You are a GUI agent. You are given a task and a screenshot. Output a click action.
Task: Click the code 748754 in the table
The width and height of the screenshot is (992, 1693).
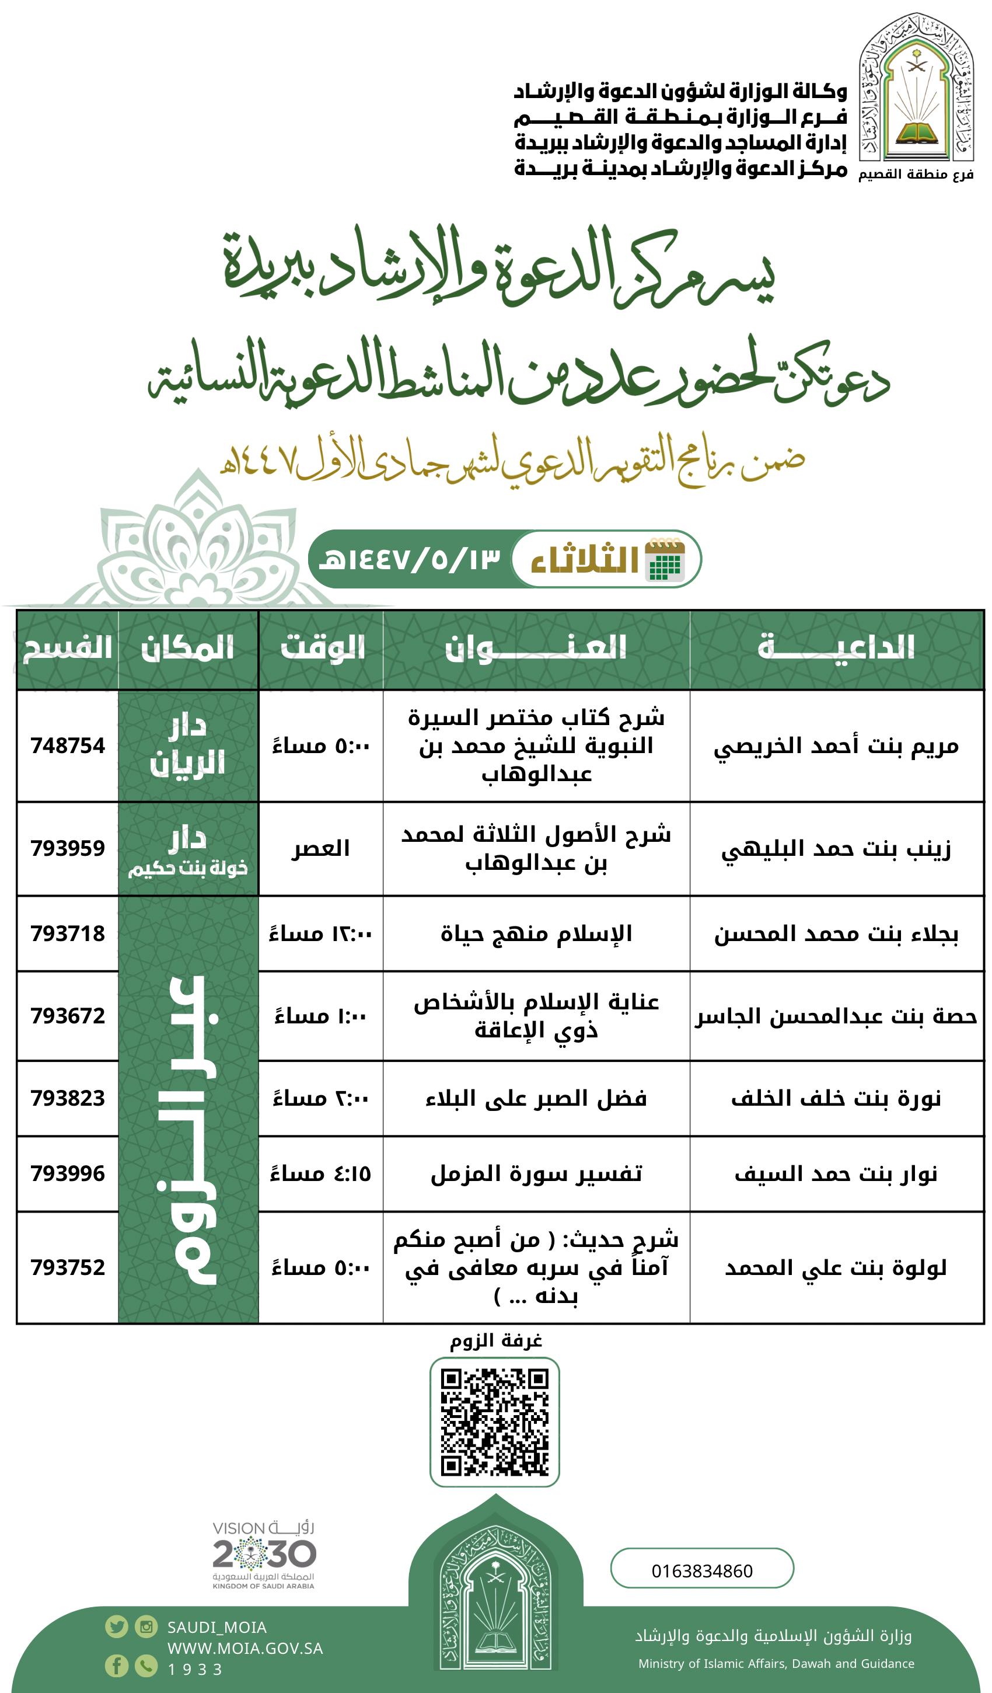click(68, 746)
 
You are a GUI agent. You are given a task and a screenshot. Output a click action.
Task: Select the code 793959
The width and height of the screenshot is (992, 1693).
click(68, 848)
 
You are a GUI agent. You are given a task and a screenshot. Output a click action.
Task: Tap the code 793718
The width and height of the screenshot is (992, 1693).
click(68, 933)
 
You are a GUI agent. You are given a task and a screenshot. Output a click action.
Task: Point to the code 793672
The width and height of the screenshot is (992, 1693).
click(68, 1015)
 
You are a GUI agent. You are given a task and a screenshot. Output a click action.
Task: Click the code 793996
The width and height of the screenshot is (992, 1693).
click(68, 1173)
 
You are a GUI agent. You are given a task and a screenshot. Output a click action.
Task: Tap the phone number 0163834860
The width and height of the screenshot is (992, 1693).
click(702, 1572)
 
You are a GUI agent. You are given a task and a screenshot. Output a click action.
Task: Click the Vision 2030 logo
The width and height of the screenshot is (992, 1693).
click(264, 1555)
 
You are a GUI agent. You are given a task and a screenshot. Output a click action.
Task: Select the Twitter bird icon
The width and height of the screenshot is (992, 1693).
click(117, 1626)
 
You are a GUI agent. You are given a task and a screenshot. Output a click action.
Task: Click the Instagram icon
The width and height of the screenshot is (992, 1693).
click(146, 1626)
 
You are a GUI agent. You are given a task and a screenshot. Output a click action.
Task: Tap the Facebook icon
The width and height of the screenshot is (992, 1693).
click(117, 1666)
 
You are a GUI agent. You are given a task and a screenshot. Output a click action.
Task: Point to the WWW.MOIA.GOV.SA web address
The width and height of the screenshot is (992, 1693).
click(245, 1648)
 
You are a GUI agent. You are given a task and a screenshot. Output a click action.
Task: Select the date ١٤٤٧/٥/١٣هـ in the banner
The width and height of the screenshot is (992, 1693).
click(410, 559)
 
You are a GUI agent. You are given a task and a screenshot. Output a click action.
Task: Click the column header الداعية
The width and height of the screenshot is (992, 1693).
click(836, 649)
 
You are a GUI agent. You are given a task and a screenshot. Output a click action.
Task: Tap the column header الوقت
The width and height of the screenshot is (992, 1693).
click(322, 649)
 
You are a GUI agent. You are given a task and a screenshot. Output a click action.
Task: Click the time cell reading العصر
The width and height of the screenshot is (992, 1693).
click(320, 848)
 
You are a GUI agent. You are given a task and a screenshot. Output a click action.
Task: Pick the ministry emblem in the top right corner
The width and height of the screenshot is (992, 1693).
click(916, 90)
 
